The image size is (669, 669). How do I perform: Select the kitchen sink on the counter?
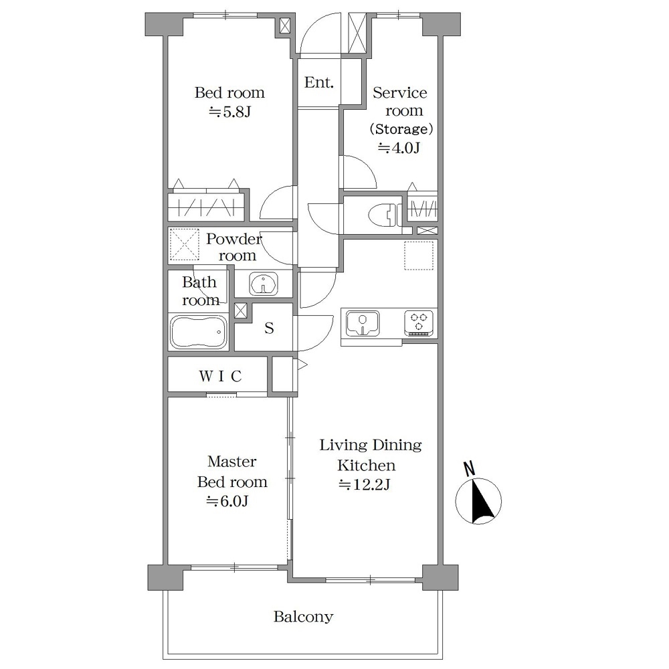363,323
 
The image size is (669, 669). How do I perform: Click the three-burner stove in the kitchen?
419,323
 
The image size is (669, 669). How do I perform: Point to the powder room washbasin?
263,283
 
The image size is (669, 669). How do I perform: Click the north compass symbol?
478,501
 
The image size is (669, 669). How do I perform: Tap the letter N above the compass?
470,468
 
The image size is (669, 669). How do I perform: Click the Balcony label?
303,617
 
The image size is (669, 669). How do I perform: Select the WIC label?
220,376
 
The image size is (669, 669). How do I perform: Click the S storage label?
269,328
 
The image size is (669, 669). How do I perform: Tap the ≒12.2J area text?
365,484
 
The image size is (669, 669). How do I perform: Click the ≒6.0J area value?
227,500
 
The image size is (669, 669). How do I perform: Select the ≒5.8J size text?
229,112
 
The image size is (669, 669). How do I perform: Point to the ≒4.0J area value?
399,148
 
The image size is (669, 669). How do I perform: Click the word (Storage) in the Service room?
401,129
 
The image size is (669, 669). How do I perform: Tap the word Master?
232,461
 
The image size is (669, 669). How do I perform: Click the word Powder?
233,239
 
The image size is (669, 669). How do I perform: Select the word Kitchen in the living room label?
366,465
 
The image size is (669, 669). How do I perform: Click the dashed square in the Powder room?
185,244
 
